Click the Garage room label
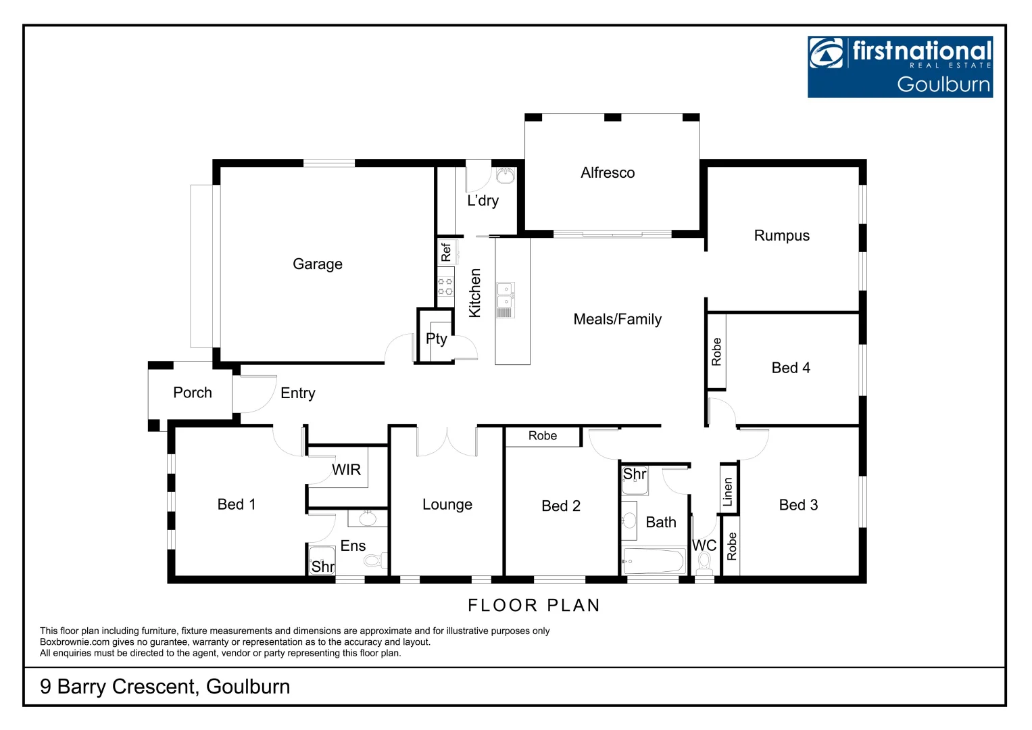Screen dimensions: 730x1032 point(317,264)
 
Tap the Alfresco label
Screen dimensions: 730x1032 point(608,173)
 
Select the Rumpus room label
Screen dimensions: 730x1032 point(781,235)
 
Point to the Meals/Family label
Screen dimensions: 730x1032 point(617,319)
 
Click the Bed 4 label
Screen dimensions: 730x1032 point(790,368)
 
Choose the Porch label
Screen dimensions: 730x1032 point(192,393)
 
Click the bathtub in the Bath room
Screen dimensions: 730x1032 point(654,561)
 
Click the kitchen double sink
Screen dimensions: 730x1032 point(505,296)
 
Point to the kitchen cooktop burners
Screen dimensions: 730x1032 point(445,287)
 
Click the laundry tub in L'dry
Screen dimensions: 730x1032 point(505,176)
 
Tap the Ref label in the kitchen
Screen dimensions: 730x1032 point(445,252)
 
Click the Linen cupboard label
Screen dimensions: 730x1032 point(728,491)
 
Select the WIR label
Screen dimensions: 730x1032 point(346,470)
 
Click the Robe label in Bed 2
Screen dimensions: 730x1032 point(543,436)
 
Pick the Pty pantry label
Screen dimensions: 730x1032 point(437,339)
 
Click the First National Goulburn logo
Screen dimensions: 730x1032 point(900,67)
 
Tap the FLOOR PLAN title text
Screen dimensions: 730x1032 point(534,605)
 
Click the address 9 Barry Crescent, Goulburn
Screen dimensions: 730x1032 point(165,687)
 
